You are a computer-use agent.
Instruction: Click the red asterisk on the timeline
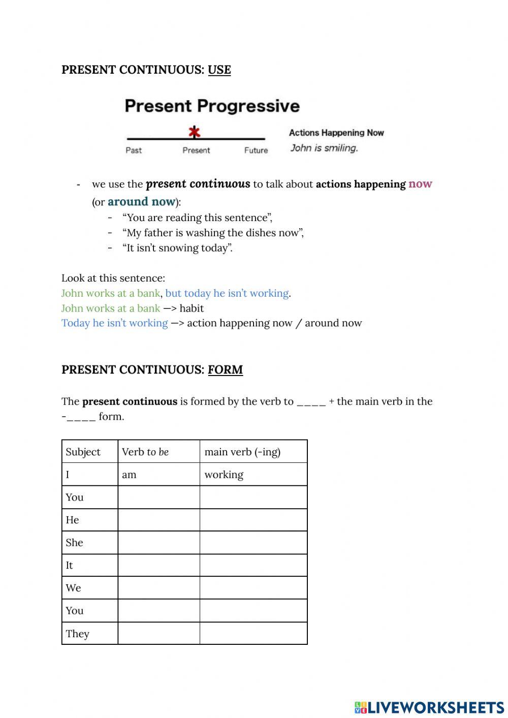tap(194, 133)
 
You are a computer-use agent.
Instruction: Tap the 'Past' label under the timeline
tap(134, 150)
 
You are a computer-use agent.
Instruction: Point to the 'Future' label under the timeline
tap(256, 150)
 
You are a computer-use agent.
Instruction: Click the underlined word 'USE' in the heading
tap(219, 70)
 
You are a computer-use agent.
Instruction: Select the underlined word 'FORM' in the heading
tap(225, 370)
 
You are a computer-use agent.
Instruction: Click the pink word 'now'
tap(420, 184)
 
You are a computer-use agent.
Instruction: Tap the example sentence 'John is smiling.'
tap(324, 148)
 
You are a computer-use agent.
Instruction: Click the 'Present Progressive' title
tap(212, 106)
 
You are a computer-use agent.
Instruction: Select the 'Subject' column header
tap(83, 452)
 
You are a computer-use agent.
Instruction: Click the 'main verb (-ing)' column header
tap(242, 452)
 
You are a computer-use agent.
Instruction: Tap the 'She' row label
tap(74, 543)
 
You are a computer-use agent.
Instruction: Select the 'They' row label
tap(77, 634)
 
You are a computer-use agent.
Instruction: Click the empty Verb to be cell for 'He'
tap(158, 520)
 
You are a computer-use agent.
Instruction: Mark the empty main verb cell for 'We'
tap(253, 588)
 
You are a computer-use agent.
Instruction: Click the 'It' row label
tap(69, 565)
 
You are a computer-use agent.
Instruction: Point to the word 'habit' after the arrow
tap(192, 308)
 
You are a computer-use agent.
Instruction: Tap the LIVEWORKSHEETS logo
tap(429, 707)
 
